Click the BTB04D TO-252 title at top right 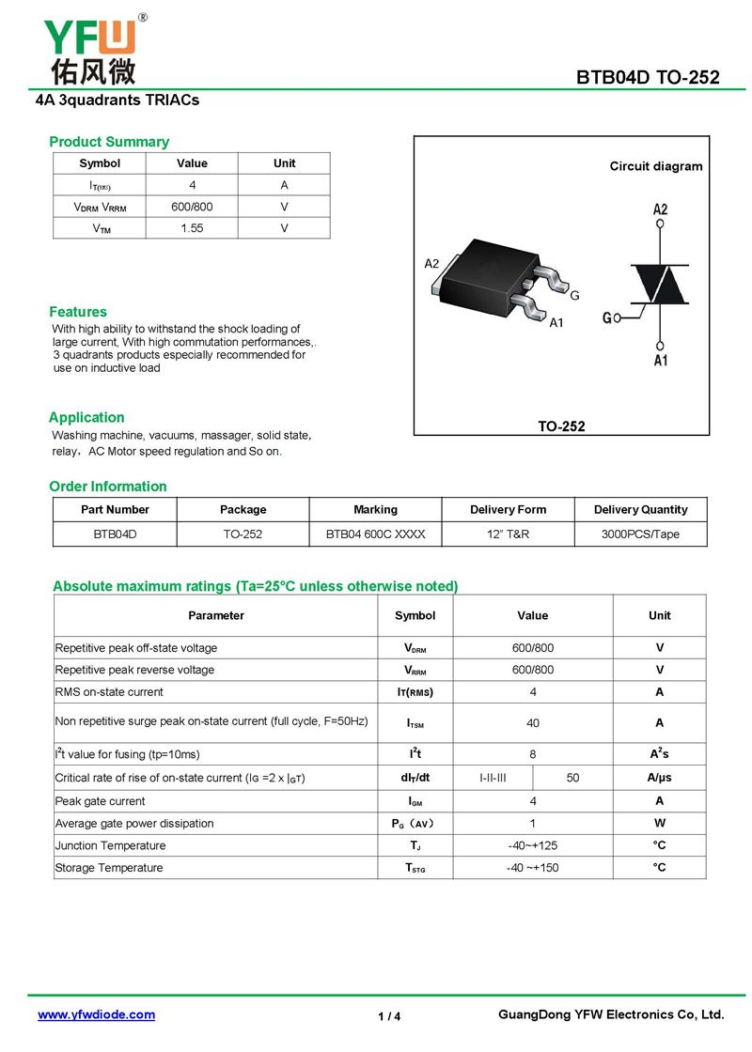point(648,77)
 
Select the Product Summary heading point(109,142)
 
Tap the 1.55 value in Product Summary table point(192,228)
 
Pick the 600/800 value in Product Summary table point(192,207)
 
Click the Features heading point(78,312)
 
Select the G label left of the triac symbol point(607,318)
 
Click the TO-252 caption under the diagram point(561,426)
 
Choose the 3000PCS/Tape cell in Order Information point(640,534)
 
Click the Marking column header point(375,509)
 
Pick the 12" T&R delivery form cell point(508,534)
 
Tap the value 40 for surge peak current point(533,723)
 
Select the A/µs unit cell point(659,778)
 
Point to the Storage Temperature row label point(109,868)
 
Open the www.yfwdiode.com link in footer point(96,1014)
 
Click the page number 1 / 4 point(389,1016)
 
